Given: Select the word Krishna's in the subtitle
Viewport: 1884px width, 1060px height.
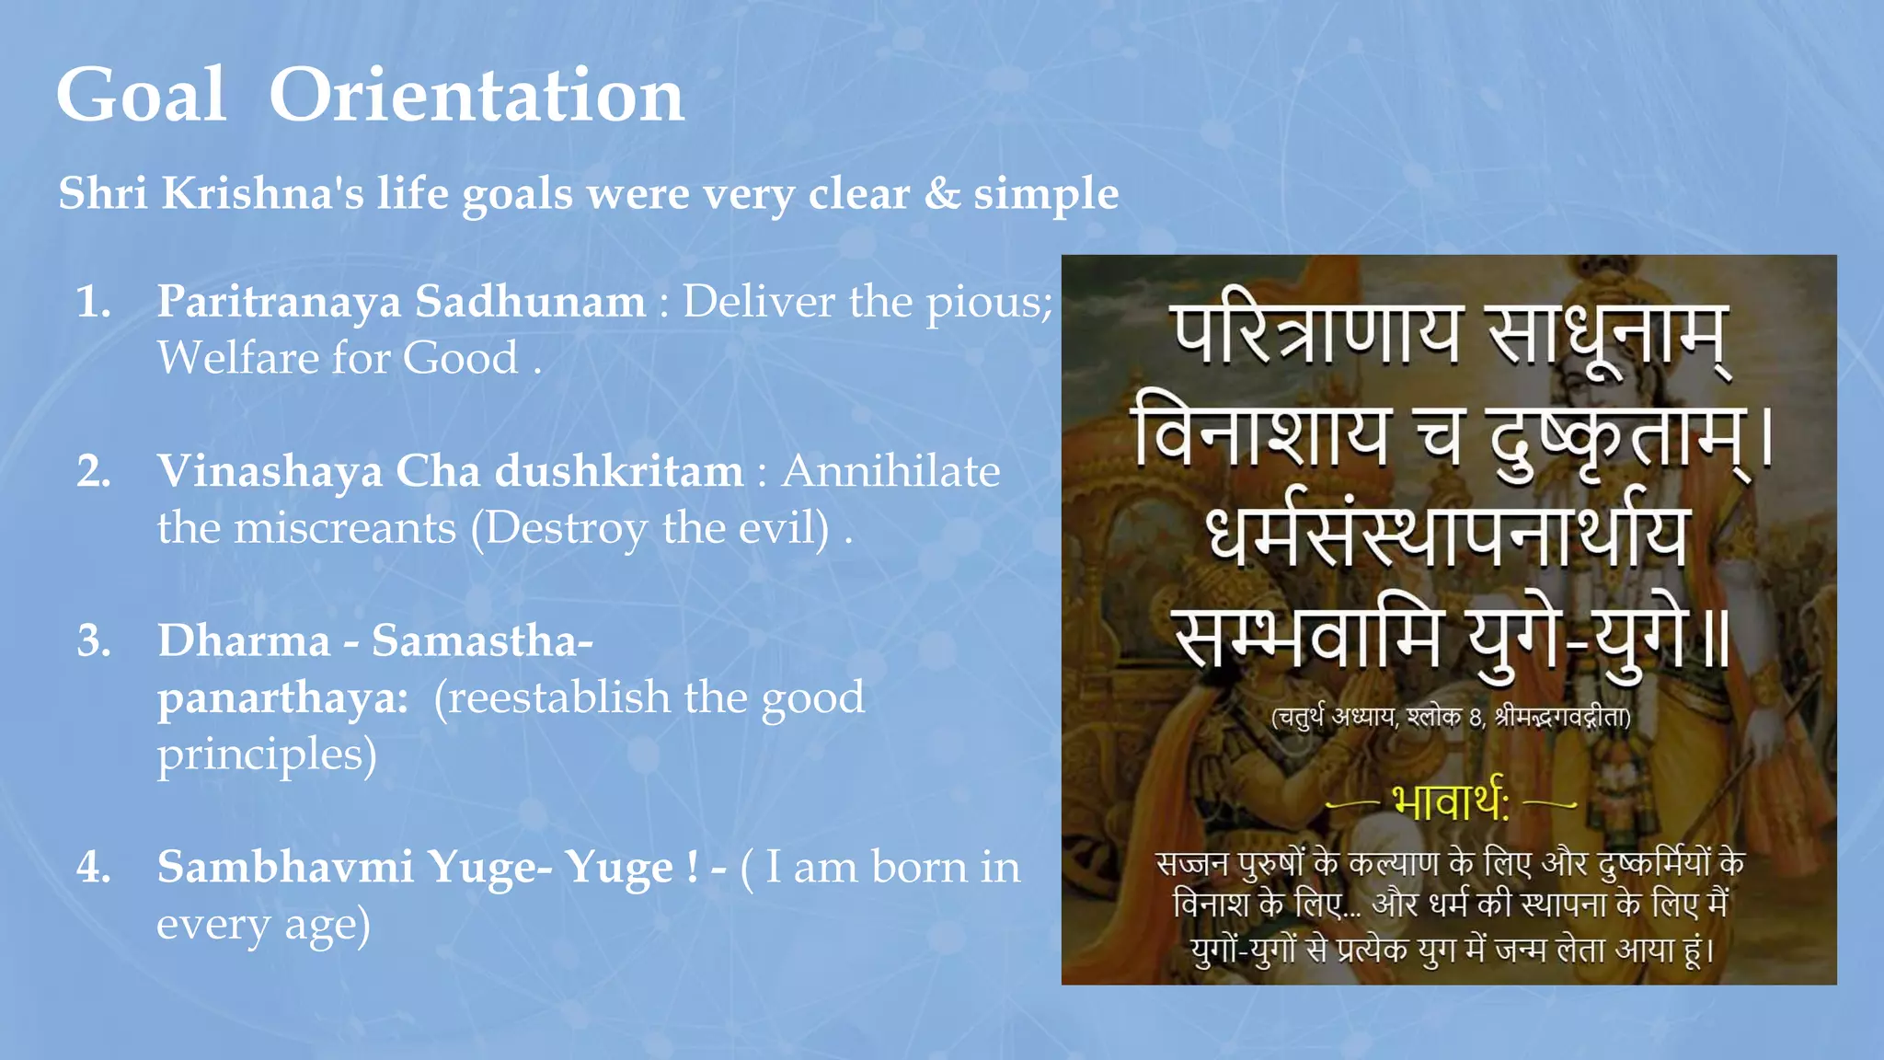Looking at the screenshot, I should coord(263,193).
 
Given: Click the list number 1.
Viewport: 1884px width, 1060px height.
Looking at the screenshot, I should coord(93,302).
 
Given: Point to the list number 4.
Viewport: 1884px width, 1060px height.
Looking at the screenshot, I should coord(93,867).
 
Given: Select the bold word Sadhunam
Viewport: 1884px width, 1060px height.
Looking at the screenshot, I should coord(531,302).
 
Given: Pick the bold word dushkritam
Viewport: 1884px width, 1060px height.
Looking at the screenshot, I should coord(619,471).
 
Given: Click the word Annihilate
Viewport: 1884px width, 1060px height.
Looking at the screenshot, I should coord(890,471).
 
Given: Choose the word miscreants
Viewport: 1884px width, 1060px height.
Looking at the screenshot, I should coord(345,528).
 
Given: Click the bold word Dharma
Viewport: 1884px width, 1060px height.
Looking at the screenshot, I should coord(244,640).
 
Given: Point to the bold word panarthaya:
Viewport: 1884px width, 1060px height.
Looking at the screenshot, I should coord(282,697).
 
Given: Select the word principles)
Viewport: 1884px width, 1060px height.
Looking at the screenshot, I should coord(267,755).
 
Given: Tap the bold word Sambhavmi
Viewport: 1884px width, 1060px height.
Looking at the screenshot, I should coord(285,867).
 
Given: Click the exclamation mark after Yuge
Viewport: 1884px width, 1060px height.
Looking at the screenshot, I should coord(692,867).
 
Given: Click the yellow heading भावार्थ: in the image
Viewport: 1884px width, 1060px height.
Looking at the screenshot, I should coord(1450,802).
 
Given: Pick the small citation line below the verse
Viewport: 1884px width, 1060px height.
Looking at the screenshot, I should coord(1450,717).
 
